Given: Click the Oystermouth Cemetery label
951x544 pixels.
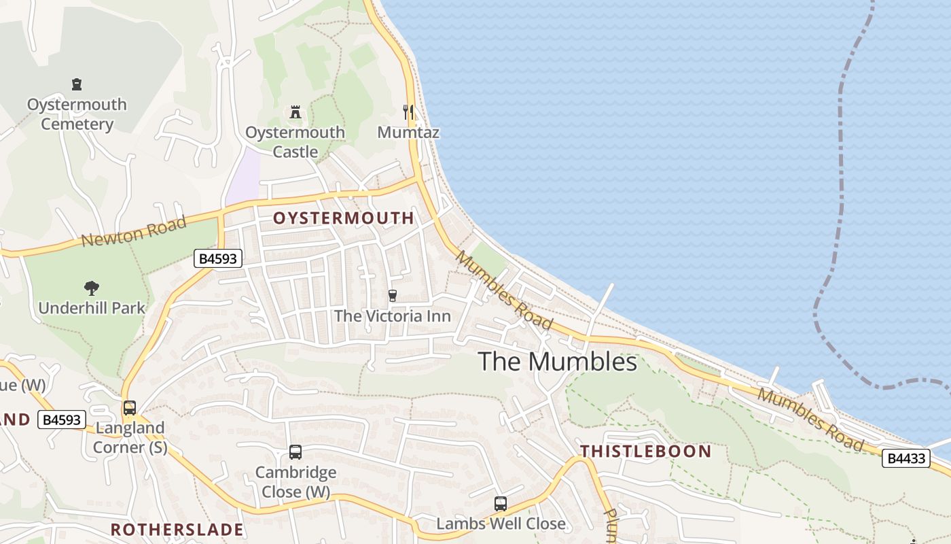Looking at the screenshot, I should pos(76,114).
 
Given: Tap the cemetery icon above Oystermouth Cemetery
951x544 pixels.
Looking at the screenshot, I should pos(77,85).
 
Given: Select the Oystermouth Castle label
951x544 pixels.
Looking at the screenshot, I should pos(295,142).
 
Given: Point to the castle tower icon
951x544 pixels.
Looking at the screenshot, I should pos(295,112).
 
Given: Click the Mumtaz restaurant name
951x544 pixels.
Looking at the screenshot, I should pos(408,133).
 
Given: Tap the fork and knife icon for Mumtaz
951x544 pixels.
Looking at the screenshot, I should pos(408,112).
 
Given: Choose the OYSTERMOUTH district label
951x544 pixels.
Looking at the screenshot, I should pos(343,218).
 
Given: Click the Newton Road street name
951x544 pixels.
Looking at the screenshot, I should pos(133,232).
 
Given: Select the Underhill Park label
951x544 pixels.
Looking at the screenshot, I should pos(92,308).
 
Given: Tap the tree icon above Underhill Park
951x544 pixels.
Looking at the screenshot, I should pos(92,288).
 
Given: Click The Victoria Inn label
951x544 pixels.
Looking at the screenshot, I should pos(392,316).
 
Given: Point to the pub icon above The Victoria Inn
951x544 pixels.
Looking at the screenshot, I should pos(392,296).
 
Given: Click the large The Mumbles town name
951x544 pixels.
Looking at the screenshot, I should pos(557,362).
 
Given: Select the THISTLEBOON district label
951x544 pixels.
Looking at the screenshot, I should pos(645,452).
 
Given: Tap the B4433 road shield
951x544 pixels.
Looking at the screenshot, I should pos(905,458).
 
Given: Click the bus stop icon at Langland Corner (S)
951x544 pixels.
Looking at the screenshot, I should pos(129,408).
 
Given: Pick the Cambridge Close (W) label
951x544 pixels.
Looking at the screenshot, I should pos(295,481).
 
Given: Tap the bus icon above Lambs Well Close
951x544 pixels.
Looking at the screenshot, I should pos(501,504).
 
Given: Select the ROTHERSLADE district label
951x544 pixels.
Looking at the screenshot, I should pos(177,530).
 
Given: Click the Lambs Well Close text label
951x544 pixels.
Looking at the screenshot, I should pos(501,524).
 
